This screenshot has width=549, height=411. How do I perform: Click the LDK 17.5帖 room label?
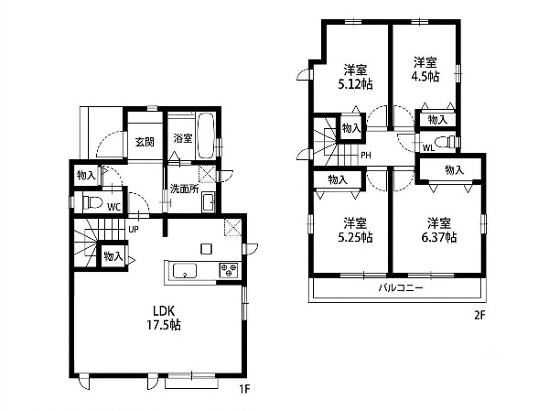(x=164, y=318)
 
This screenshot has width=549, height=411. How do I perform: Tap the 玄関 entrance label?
(x=145, y=142)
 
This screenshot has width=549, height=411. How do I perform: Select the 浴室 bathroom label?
(x=183, y=138)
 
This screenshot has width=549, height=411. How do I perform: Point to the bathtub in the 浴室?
(x=206, y=135)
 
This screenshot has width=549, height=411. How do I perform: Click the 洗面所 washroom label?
(x=184, y=189)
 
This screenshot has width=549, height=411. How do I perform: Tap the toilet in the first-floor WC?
(x=92, y=202)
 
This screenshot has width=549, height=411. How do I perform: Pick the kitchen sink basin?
(x=185, y=271)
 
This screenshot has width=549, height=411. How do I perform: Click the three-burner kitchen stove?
(x=229, y=271)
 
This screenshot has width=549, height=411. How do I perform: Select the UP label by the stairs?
(x=134, y=230)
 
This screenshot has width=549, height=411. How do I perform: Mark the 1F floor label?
(x=244, y=389)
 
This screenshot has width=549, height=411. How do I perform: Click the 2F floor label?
(x=479, y=316)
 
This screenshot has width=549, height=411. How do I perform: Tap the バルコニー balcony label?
(x=401, y=288)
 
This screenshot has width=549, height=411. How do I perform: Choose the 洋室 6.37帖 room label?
(x=439, y=230)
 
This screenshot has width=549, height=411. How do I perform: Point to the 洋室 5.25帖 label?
(x=355, y=230)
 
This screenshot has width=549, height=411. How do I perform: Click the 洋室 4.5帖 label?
(x=425, y=70)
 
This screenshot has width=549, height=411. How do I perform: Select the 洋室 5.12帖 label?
(x=355, y=77)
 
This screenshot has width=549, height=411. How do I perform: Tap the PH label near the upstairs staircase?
(x=366, y=155)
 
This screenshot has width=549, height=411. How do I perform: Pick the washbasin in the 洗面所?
(x=209, y=202)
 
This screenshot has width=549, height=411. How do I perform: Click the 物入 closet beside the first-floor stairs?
(x=113, y=256)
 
